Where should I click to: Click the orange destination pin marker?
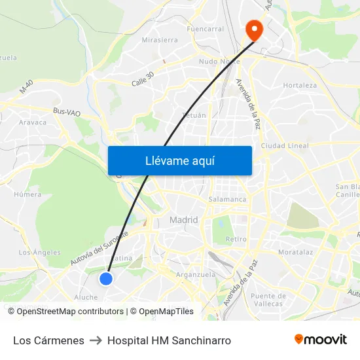click(253, 29)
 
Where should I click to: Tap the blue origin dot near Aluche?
click(105, 279)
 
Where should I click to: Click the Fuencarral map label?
click(205, 29)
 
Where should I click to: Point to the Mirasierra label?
click(160, 39)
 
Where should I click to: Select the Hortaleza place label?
click(300, 85)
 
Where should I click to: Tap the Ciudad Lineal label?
click(285, 145)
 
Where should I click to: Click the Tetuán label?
click(193, 115)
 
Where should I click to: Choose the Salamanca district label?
click(227, 199)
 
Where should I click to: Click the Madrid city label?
click(183, 220)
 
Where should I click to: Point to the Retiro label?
click(236, 239)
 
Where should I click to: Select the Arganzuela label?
click(196, 275)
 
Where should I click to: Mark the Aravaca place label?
click(33, 122)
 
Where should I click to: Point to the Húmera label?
click(27, 194)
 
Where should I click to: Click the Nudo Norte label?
click(219, 62)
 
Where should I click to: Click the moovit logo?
click(320, 340)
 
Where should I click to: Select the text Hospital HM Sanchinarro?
click(169, 340)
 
